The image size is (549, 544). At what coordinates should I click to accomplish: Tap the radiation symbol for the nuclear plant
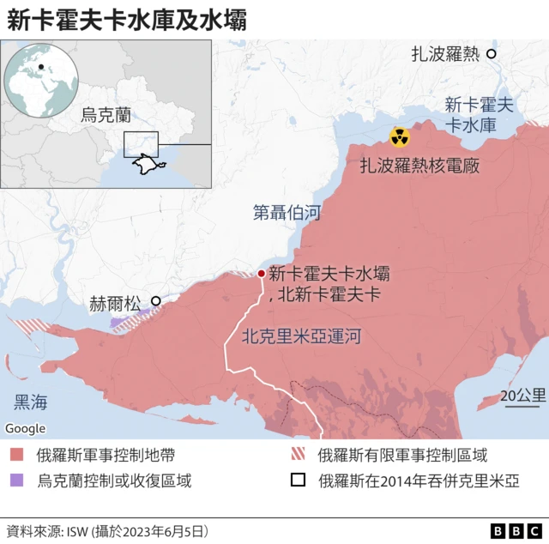(399, 136)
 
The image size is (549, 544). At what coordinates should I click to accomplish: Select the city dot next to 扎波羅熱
(492, 53)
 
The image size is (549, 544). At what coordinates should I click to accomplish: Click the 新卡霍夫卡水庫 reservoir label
(479, 115)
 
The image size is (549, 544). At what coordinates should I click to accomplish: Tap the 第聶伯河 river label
(287, 212)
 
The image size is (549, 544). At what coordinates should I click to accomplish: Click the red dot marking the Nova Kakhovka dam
(261, 274)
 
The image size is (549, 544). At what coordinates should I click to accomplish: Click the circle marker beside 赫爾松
(155, 301)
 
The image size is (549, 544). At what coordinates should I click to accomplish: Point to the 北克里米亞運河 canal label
(299, 336)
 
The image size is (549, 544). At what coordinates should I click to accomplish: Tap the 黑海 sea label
(31, 402)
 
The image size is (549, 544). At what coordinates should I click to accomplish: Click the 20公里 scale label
(523, 396)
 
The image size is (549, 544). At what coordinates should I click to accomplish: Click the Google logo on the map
(26, 428)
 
